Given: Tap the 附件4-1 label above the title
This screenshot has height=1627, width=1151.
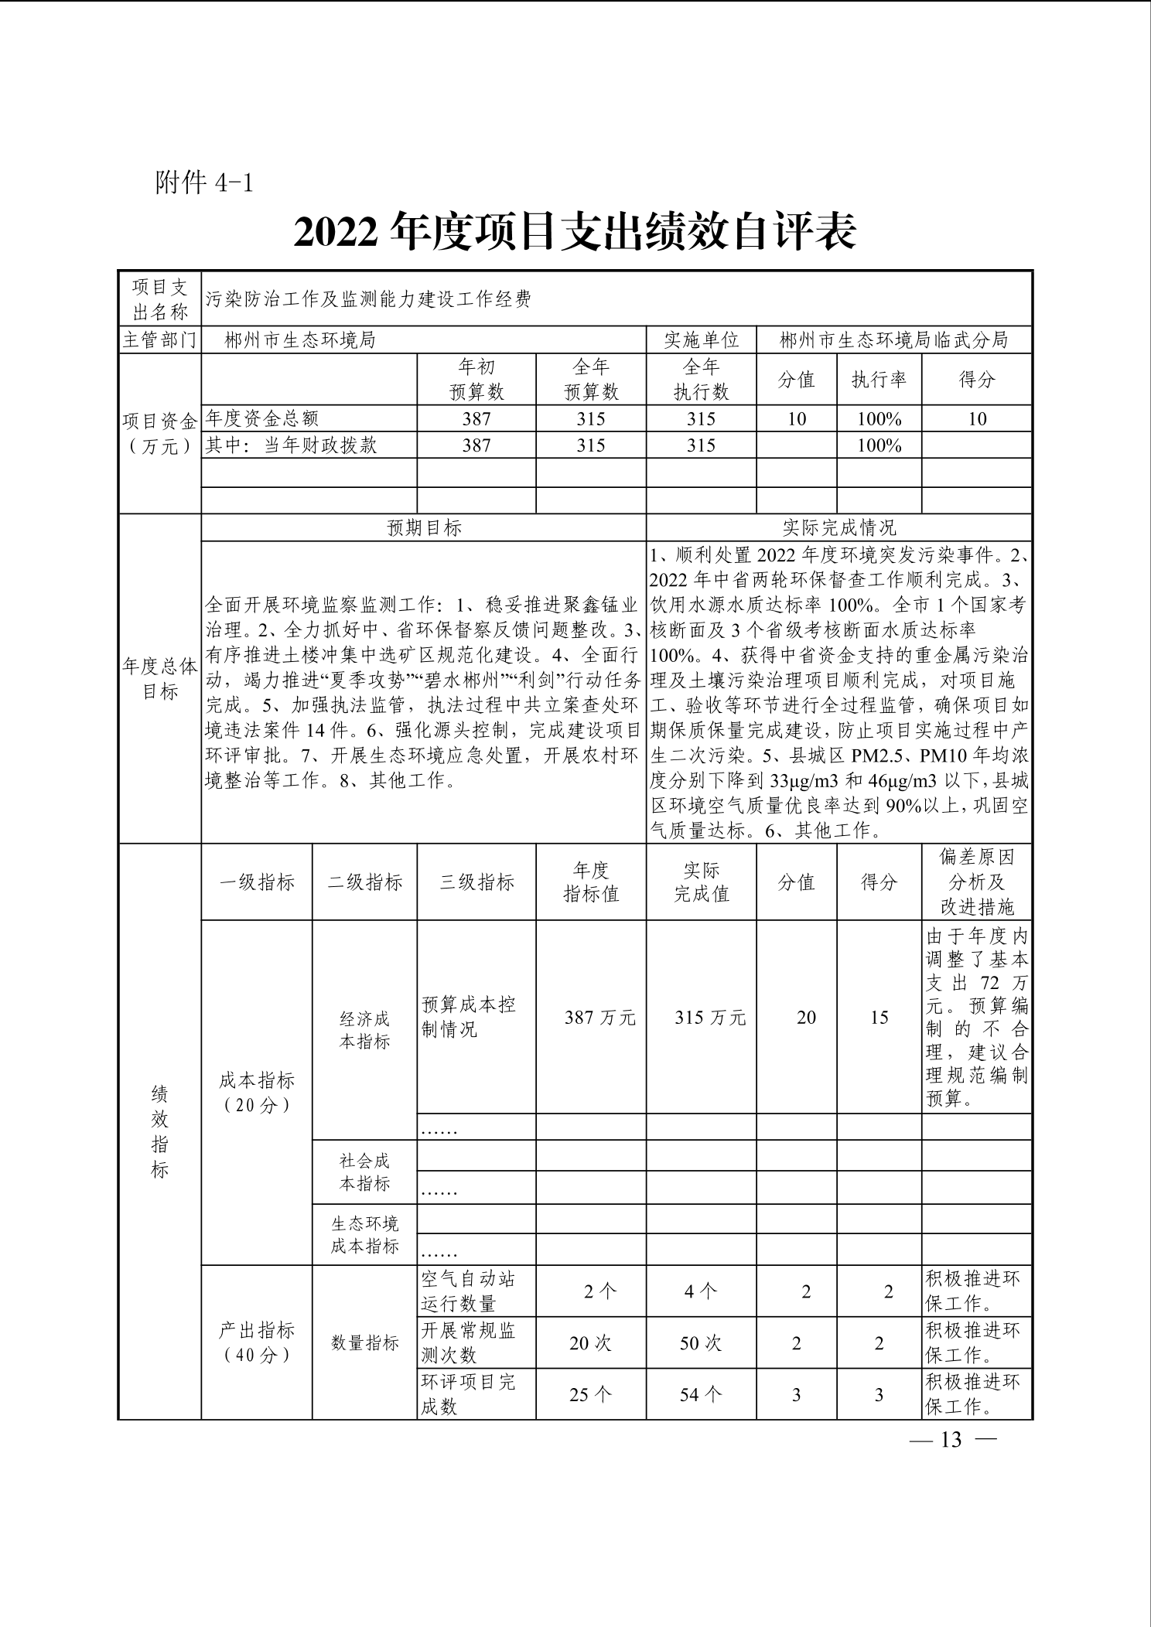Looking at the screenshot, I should [204, 183].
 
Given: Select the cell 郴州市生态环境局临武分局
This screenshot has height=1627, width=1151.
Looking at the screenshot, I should [893, 339].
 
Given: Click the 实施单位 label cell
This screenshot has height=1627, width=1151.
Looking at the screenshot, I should [701, 339].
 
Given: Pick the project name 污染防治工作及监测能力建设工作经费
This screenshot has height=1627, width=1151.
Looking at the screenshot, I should [368, 299].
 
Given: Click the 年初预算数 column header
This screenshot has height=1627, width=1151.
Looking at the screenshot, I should [476, 379].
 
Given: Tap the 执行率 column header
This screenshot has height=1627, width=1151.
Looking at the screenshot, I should [879, 379].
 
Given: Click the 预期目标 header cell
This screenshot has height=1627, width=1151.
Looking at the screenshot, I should [424, 527].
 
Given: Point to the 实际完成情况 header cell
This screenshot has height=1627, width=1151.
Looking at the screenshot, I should [839, 527].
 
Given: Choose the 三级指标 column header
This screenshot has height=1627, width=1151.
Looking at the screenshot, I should [476, 882].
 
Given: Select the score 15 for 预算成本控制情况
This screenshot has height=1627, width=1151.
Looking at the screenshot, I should [879, 1017].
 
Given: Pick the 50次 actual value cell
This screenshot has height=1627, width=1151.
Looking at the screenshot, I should [701, 1343].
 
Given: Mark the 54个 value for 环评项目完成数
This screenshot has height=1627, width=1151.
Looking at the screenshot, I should [701, 1394].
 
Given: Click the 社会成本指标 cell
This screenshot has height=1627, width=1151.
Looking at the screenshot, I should [364, 1172].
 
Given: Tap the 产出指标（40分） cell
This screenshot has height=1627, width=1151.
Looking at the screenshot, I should [257, 1342].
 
